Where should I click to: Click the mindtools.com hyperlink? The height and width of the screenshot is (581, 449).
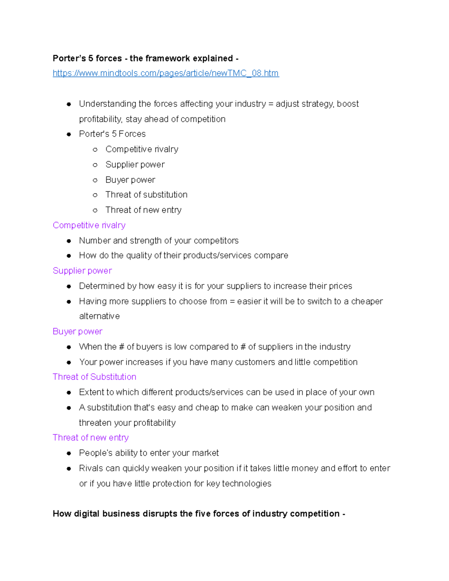click(x=166, y=73)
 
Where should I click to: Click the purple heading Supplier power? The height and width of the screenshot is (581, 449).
click(x=82, y=270)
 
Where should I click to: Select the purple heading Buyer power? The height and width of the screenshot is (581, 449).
click(x=77, y=331)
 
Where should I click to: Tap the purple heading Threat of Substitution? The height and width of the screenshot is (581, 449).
click(x=94, y=377)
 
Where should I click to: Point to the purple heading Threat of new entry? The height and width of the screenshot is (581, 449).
click(x=91, y=437)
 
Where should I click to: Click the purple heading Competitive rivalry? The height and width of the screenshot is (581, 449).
click(x=89, y=225)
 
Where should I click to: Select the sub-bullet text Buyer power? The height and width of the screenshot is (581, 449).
click(x=130, y=180)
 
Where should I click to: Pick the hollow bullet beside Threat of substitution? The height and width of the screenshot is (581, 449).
click(x=95, y=195)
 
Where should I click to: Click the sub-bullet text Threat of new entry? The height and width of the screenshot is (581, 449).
click(x=143, y=210)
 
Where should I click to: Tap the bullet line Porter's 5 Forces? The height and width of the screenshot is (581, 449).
click(x=112, y=134)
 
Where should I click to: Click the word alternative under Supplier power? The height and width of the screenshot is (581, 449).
click(x=100, y=316)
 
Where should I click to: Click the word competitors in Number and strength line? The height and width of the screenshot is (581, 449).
click(x=216, y=241)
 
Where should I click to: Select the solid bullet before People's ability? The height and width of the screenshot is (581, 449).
click(x=69, y=453)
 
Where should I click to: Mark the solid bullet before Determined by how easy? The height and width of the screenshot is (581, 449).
click(x=69, y=286)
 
